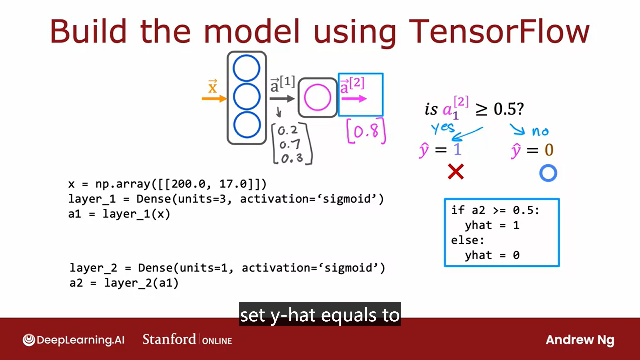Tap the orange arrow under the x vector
(x=214, y=98)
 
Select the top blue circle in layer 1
(x=246, y=68)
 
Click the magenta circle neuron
(x=317, y=97)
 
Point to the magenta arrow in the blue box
(x=353, y=99)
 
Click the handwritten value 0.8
(x=366, y=131)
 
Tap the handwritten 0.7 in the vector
(x=290, y=144)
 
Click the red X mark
(x=456, y=172)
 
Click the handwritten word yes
(x=443, y=128)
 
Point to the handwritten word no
(x=540, y=131)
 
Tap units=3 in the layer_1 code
(x=203, y=199)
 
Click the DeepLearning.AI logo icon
(x=29, y=340)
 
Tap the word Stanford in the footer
(x=169, y=339)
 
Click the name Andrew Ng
(x=580, y=340)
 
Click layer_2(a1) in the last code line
(x=141, y=283)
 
